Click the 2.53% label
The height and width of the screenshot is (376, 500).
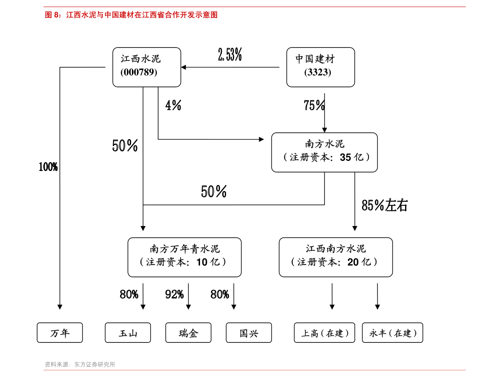coord(230,54)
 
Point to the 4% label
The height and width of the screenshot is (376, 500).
coord(173,105)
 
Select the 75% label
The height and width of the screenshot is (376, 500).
coord(314,105)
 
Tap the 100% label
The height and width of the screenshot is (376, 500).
coord(48,167)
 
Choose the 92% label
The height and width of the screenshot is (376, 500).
coord(174,294)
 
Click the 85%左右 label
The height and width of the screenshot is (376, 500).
coord(384,205)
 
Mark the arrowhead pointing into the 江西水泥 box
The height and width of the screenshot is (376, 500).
coord(183,67)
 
